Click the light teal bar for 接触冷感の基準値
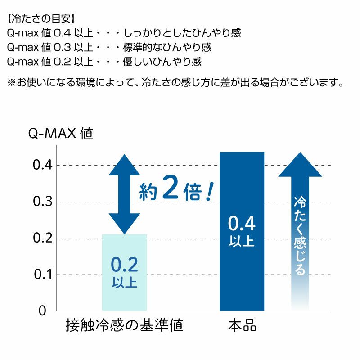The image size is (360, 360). point(124,272)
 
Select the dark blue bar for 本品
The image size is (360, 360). point(242,231)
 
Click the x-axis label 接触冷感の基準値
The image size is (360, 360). point(124,325)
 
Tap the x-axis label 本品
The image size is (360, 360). point(242,325)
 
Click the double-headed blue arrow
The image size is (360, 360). point(124,194)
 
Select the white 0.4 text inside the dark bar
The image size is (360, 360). point(242,223)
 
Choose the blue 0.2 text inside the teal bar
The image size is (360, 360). point(124,265)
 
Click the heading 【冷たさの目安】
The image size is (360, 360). point(41,19)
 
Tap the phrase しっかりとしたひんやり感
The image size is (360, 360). point(182,33)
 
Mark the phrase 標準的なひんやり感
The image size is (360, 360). point(167,47)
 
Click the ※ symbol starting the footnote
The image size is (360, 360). point(12,82)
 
